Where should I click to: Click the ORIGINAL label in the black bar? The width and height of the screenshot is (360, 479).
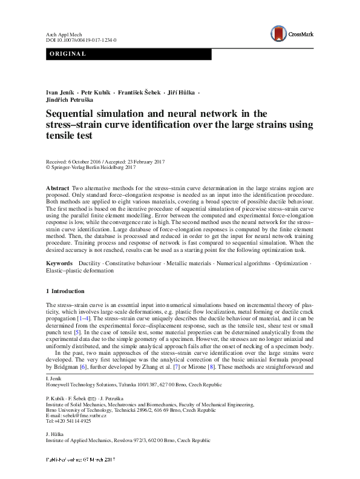point(67,55)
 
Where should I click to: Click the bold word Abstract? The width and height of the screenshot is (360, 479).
point(57,189)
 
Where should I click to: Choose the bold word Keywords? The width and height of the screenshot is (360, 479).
point(60,264)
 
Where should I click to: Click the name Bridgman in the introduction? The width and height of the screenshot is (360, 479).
point(73,366)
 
